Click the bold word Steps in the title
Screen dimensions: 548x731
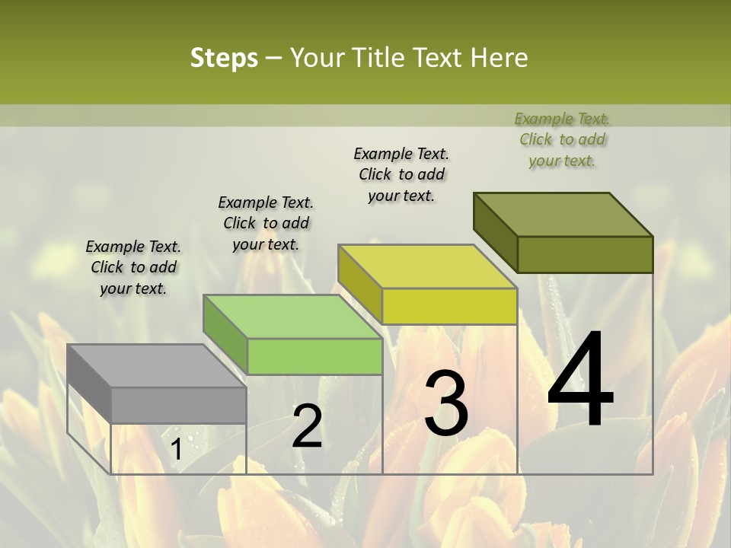pyautogui.click(x=224, y=58)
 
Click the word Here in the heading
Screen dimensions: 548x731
pyautogui.click(x=499, y=58)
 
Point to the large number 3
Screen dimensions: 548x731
pyautogui.click(x=446, y=403)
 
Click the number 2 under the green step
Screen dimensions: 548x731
pyautogui.click(x=307, y=426)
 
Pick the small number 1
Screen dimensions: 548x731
pyautogui.click(x=176, y=450)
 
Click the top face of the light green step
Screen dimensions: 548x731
pyautogui.click(x=292, y=316)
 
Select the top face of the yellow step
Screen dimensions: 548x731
pyautogui.click(x=428, y=266)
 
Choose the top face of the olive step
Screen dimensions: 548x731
pyautogui.click(x=563, y=214)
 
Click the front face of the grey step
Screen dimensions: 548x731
pyautogui.click(x=179, y=405)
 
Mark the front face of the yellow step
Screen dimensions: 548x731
pyautogui.click(x=449, y=306)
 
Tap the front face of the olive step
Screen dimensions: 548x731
pyautogui.click(x=585, y=254)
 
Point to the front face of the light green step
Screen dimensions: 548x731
pyautogui.click(x=314, y=356)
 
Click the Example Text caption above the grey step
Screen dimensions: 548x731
pyautogui.click(x=133, y=267)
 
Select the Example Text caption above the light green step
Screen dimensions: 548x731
pyautogui.click(x=266, y=223)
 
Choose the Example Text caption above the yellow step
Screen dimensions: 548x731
pyautogui.click(x=401, y=174)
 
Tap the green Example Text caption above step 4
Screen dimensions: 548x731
pyautogui.click(x=562, y=139)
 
